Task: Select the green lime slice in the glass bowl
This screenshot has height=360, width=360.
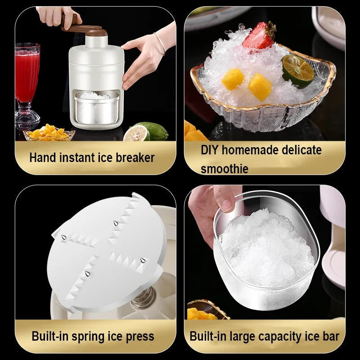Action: click(297, 71)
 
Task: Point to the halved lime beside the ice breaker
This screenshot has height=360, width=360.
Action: click(137, 133)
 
